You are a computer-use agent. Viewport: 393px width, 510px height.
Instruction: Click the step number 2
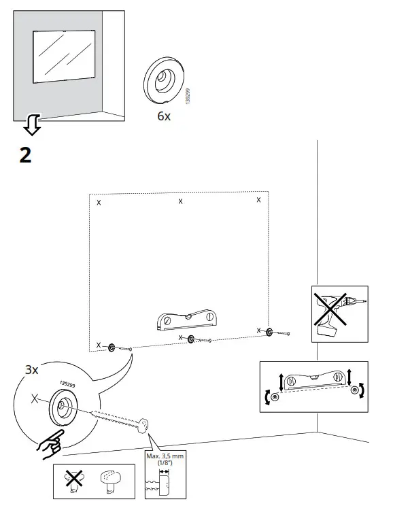coord(25,155)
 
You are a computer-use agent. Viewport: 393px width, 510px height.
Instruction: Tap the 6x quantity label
coord(164,116)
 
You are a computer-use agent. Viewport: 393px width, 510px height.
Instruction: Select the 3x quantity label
coord(32,370)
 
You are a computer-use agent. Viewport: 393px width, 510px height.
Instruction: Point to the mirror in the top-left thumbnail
coord(63,57)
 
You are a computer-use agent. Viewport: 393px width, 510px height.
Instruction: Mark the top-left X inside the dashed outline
coord(99,203)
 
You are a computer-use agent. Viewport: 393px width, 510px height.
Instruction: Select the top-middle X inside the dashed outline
coord(180,201)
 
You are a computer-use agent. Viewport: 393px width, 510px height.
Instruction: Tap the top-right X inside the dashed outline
coord(258,200)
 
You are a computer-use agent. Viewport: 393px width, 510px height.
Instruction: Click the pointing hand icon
coord(48,440)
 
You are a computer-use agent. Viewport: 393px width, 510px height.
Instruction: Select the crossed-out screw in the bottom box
coord(74,481)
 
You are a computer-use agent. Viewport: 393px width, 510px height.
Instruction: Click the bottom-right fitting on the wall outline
coord(270,331)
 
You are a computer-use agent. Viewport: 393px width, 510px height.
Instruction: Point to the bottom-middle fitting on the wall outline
coord(191,339)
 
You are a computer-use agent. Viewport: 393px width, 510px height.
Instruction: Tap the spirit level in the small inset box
coord(313,382)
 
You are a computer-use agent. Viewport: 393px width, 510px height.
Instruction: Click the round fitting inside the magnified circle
coord(60,408)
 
